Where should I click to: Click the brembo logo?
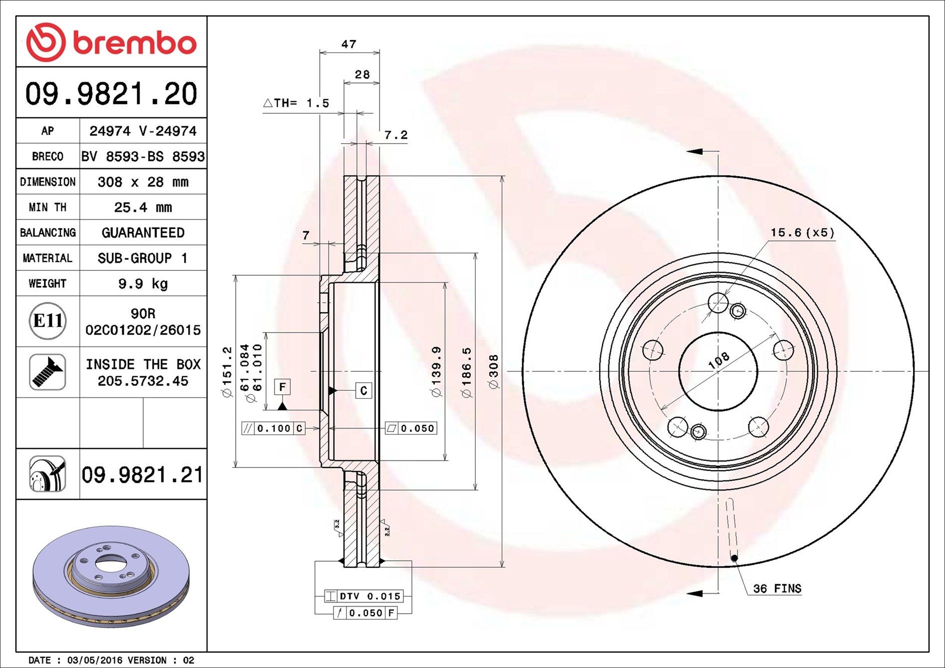point(111,42)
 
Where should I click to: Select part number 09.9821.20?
point(111,94)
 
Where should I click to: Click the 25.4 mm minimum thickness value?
point(143,207)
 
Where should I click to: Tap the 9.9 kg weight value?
point(143,283)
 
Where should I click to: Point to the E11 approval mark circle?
point(47,321)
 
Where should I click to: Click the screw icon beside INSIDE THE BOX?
point(47,372)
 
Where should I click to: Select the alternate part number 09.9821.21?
point(142,474)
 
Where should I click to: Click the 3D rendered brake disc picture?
point(111,576)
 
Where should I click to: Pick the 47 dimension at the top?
point(349,44)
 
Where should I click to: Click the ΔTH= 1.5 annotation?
point(296,103)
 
